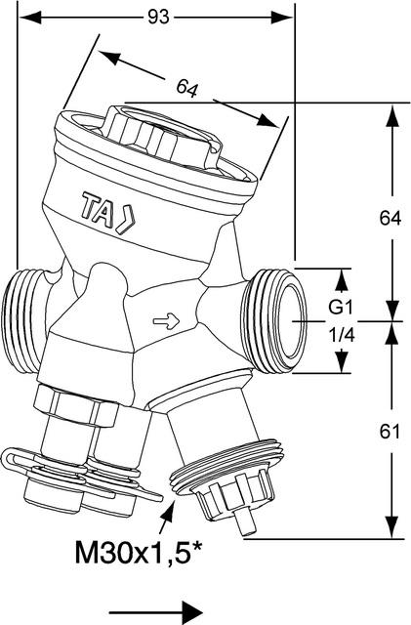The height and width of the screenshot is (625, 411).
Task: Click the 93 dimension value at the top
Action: point(159,18)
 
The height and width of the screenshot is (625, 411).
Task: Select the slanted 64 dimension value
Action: point(187,88)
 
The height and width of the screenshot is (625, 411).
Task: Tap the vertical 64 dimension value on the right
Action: point(390,218)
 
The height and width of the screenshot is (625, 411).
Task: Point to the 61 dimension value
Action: point(390,432)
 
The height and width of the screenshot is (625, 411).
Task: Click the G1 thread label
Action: point(341,308)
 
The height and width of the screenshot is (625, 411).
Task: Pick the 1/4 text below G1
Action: point(342,336)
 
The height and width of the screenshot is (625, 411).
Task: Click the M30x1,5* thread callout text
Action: point(139,552)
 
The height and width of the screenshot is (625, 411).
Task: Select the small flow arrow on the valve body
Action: point(167,321)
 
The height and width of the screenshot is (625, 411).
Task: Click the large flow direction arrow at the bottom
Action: point(156,612)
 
